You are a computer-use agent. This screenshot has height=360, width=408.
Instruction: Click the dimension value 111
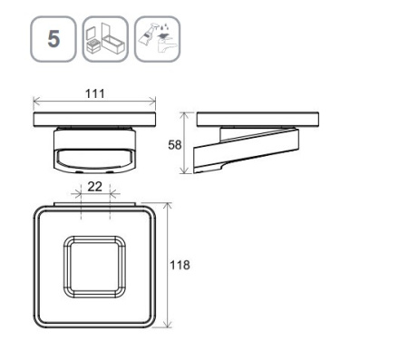coord(95,93)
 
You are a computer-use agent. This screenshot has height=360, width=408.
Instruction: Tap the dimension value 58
coord(174,145)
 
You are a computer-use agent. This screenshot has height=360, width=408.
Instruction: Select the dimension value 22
coord(94,187)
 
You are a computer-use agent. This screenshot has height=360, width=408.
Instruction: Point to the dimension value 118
coord(180,265)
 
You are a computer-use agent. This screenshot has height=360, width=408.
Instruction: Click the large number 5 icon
coord(53,39)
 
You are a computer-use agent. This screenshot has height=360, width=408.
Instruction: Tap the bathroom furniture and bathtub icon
coord(105,39)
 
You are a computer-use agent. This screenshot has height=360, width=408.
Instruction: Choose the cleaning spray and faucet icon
coord(157,39)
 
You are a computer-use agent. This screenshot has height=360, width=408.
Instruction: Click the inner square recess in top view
coord(94,267)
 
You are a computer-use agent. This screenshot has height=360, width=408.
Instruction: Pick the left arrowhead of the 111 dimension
coord(36,102)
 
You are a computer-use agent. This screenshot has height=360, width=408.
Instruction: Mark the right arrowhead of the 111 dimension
coord(152,102)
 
